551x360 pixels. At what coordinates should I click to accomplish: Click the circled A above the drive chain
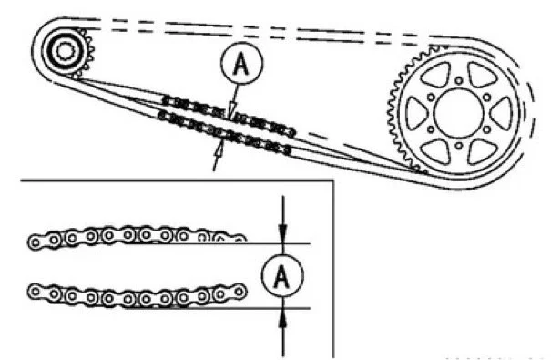tap(239, 65)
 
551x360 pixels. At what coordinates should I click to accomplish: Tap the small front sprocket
tap(64, 50)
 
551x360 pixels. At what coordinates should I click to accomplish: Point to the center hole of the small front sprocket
tap(64, 50)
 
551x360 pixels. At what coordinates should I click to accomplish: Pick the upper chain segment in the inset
tap(137, 238)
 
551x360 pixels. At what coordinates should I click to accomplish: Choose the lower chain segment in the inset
tap(137, 295)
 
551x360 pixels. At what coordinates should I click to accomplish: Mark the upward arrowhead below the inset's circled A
tap(283, 314)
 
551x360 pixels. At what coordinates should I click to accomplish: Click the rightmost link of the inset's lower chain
tap(240, 293)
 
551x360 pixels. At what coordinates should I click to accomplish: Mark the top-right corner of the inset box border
tap(334, 180)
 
